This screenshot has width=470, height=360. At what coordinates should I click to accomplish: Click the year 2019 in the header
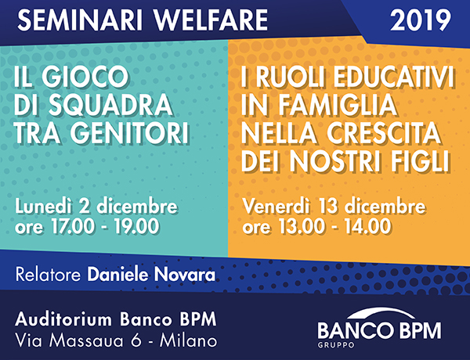coord(420,20)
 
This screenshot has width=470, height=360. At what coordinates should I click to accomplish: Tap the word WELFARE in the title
coord(211,20)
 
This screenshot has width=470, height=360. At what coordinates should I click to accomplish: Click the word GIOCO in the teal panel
coord(85,77)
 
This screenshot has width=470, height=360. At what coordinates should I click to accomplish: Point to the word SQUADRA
coord(110,105)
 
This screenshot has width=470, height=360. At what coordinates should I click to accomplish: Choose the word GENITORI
coord(129,133)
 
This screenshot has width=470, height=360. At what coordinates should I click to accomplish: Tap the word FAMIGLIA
coord(338,105)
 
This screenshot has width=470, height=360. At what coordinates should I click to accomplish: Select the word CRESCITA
coord(384,133)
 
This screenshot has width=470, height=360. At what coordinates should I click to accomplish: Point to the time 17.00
coord(73,226)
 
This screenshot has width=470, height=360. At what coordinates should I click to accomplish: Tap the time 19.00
coord(136,226)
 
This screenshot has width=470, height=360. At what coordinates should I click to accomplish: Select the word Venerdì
coord(276,207)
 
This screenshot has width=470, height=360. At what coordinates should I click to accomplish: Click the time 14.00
coord(367,226)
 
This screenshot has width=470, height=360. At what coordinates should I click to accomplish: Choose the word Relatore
coord(48,275)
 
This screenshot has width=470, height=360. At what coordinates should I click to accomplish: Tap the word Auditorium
coord(63,319)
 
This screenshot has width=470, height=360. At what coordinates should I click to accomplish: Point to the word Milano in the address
coord(188,341)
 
